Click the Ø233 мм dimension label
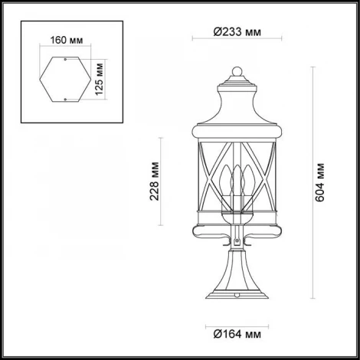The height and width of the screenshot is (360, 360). tap(237, 33)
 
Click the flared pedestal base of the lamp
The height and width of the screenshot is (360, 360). tap(237, 287)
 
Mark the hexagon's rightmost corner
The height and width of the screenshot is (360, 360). tap(92, 79)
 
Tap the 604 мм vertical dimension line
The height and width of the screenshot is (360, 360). tap(312, 184)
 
